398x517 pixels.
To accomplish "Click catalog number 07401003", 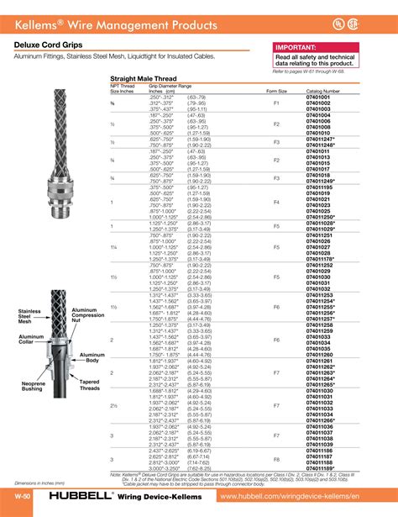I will [319, 108].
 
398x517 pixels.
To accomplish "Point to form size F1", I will [276, 103].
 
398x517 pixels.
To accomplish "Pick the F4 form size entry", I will [276, 203].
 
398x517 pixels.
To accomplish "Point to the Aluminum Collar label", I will [31, 339].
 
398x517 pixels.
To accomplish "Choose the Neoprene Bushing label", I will [33, 386].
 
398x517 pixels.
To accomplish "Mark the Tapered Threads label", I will [90, 386].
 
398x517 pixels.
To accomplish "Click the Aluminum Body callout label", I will [92, 358].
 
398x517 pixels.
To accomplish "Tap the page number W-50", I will [24, 498].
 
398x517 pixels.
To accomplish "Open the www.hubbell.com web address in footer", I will [306, 498].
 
